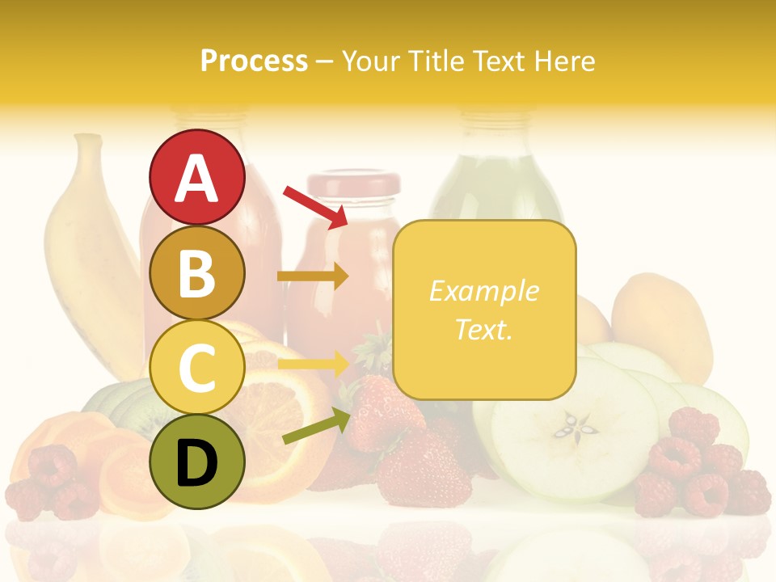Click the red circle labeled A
click(196, 177)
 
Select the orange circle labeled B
click(196, 272)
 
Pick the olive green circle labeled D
click(196, 462)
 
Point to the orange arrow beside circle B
click(313, 276)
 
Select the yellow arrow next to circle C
click(313, 363)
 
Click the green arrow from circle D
click(316, 427)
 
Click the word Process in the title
click(254, 61)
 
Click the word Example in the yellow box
click(483, 291)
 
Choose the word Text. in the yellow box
click(483, 329)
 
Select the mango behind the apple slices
click(663, 319)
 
